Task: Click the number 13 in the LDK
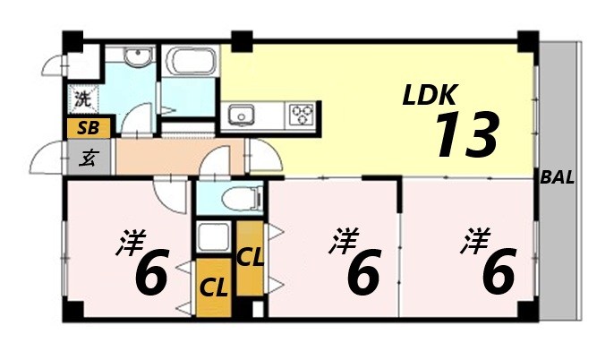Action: [465, 134]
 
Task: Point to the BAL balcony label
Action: [558, 177]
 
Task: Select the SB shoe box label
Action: [88, 128]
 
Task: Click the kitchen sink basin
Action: [243, 116]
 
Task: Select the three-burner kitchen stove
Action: [302, 115]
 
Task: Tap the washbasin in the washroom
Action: [136, 59]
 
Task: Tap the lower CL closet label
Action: [212, 288]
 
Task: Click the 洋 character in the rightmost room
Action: [477, 239]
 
